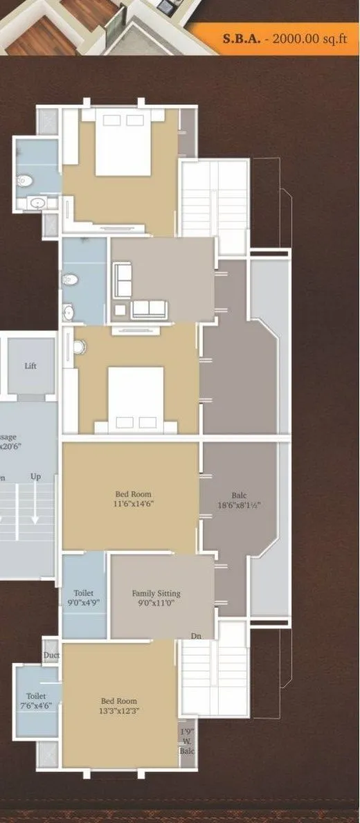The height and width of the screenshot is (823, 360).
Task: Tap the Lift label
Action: click(x=30, y=365)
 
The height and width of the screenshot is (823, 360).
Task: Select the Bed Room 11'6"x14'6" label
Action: click(x=133, y=499)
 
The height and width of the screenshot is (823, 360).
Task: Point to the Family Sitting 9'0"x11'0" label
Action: click(x=156, y=598)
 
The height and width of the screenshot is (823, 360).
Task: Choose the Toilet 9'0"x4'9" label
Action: click(x=84, y=598)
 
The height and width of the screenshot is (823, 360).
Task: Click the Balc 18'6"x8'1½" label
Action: click(x=239, y=500)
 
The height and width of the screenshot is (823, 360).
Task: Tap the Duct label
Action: click(x=51, y=655)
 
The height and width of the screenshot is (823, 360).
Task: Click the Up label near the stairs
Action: click(x=35, y=477)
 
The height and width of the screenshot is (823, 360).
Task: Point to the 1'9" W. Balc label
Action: click(x=187, y=741)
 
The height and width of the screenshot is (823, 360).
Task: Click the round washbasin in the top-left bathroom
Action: click(x=37, y=203)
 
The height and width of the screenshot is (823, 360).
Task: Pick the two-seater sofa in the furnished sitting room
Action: click(x=149, y=309)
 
